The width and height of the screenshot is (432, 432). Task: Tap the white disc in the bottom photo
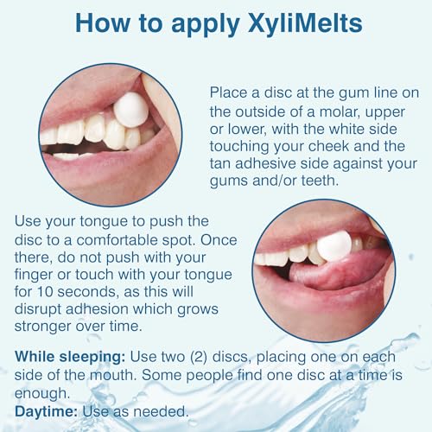334,246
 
